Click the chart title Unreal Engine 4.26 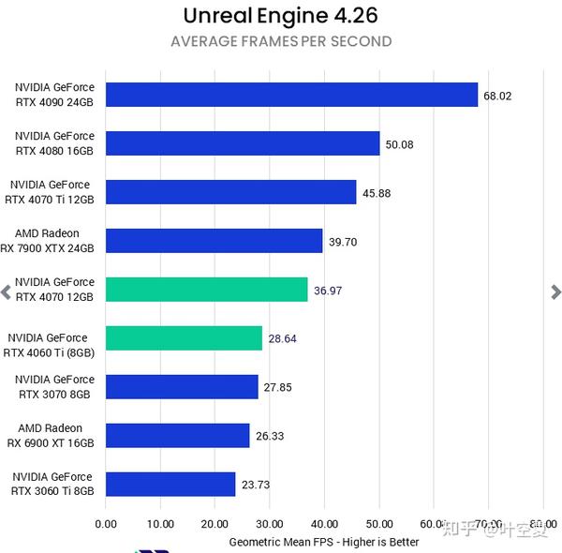click(x=281, y=16)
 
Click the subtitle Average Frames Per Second click(x=281, y=41)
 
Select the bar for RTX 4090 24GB click(x=291, y=95)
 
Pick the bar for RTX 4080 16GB click(x=243, y=143)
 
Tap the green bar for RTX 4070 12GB click(x=206, y=290)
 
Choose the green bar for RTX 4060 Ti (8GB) click(x=184, y=338)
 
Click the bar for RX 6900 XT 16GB click(x=177, y=435)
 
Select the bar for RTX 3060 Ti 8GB click(x=170, y=484)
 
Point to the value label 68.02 click(x=497, y=96)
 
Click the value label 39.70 click(x=343, y=242)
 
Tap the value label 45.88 click(x=377, y=193)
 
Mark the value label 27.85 click(x=278, y=387)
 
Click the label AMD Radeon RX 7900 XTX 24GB click(x=55, y=241)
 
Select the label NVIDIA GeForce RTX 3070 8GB click(x=53, y=387)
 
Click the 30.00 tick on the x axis click(x=270, y=524)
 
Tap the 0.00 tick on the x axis click(x=106, y=524)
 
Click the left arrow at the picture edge click(x=6, y=291)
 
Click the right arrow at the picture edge click(x=555, y=291)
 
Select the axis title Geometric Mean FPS click(x=324, y=542)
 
